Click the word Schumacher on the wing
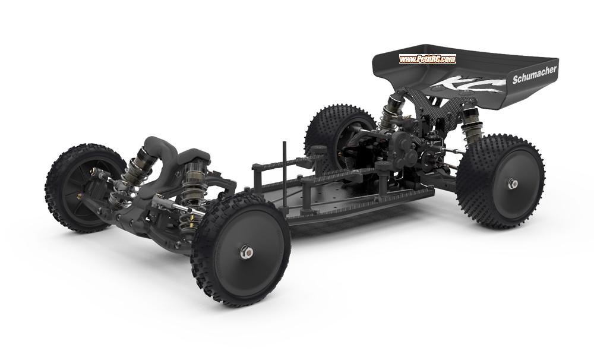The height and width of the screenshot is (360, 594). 535,74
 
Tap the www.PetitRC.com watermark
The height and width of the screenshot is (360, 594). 427,59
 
